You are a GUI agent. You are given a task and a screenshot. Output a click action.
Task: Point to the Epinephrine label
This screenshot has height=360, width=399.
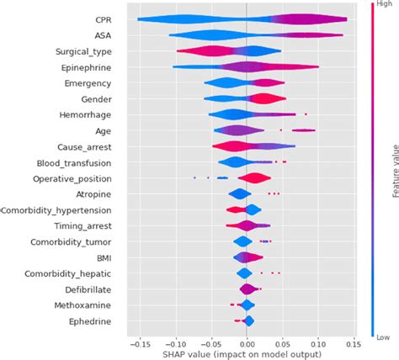coord(90,67)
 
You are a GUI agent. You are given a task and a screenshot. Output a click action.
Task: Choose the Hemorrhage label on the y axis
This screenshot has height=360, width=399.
coord(88,115)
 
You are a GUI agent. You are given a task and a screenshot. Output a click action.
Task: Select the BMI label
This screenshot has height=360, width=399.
coord(107,257)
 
